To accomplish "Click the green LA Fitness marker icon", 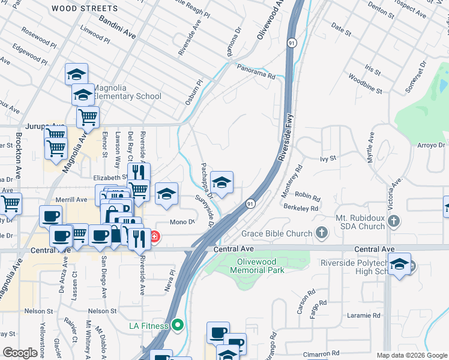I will coord(177,326).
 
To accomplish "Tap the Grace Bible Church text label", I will coord(277,233).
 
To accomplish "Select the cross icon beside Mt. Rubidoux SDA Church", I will coord(394,221).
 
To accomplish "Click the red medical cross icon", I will coord(155,237).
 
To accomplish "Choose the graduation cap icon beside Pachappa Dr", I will coord(222,183).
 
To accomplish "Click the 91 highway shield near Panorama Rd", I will coord(291,43).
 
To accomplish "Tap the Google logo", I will coord(20,352).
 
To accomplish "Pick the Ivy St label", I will coord(327,159).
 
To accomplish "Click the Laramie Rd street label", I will coord(364,315).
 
